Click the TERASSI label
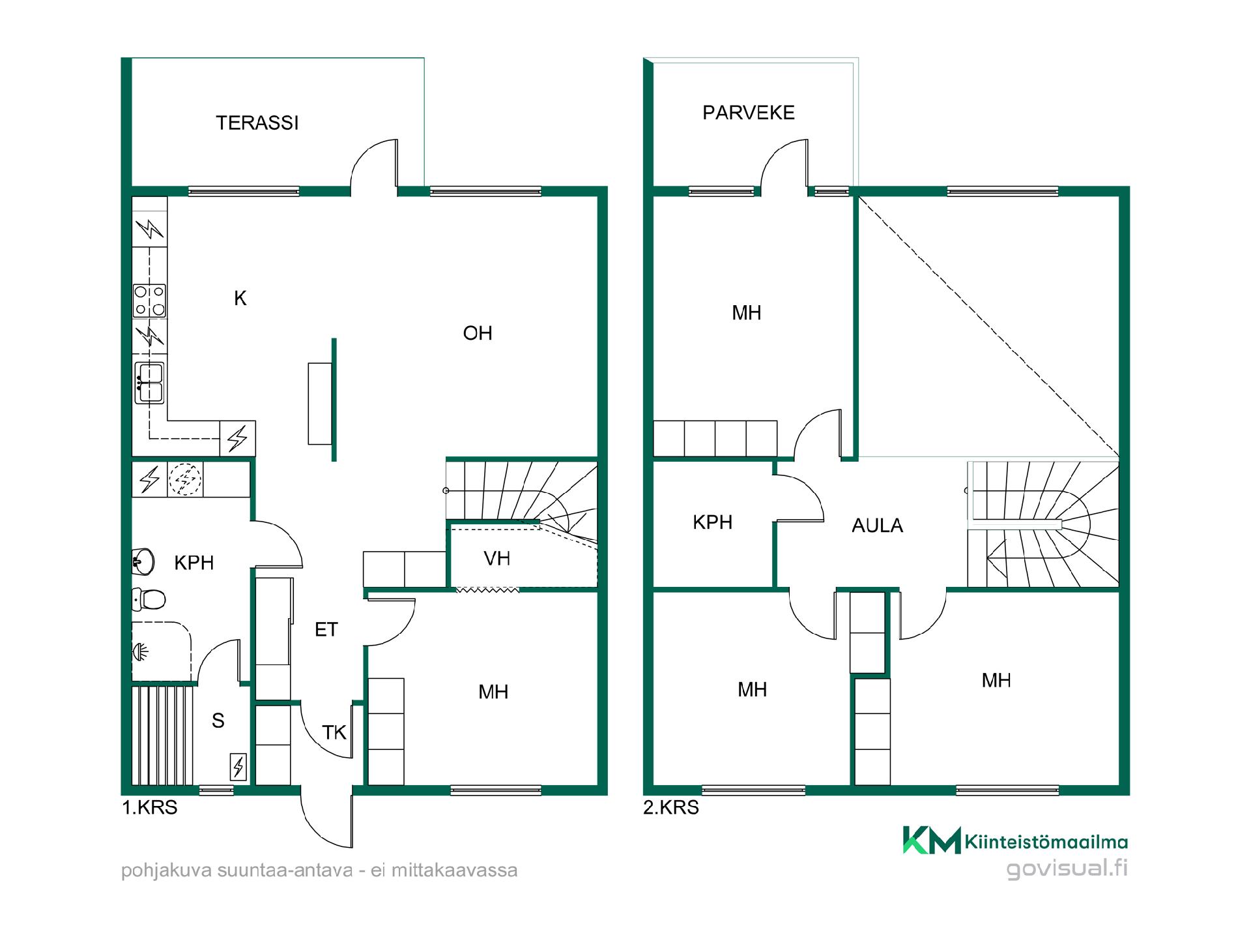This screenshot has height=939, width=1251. [x=257, y=123]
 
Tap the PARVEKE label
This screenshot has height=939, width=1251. [x=749, y=113]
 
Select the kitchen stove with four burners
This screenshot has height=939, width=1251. [x=149, y=301]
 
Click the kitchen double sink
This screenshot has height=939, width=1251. [x=149, y=383]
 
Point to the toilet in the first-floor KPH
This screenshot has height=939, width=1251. [x=149, y=599]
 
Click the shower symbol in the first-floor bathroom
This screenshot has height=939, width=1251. [x=141, y=650]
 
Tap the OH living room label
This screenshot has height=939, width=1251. [x=478, y=333]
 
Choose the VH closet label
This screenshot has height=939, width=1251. [x=496, y=558]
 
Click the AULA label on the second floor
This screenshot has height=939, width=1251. [x=878, y=526]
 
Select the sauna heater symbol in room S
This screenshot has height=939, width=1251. [x=238, y=767]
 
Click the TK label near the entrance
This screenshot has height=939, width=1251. [x=334, y=732]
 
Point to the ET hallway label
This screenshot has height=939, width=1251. [x=326, y=629]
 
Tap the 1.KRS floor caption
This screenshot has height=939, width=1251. [x=150, y=807]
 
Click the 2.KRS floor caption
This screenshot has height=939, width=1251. [x=671, y=807]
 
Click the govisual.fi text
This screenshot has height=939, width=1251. [x=1067, y=869]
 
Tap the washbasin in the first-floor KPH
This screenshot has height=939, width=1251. [x=143, y=561]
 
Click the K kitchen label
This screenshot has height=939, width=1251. [x=240, y=298]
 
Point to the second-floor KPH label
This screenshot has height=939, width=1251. [x=712, y=522]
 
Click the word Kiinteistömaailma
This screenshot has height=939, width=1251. [x=1046, y=842]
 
